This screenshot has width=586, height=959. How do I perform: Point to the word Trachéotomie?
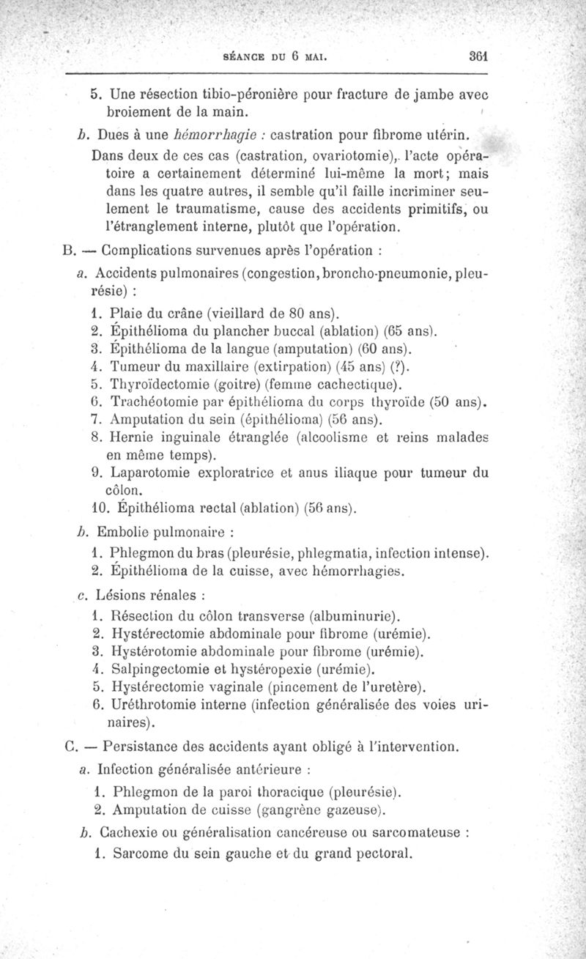point(151,403)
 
